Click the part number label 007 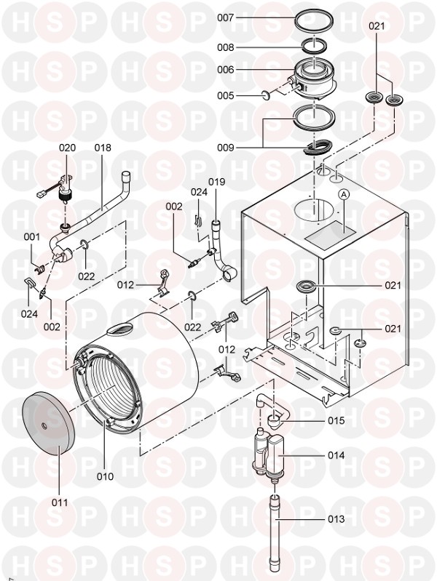coord(225,17)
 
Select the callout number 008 coord(225,48)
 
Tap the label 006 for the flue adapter coord(225,70)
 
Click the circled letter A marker coord(344,194)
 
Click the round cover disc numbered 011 coord(49,423)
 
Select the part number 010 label coord(105,476)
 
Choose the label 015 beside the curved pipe coord(336,421)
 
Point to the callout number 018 coord(103,148)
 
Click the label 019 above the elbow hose coord(216,182)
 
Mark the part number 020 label coord(67,148)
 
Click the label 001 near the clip coord(32,237)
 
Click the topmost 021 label coord(377,26)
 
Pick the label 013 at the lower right coord(336,519)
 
